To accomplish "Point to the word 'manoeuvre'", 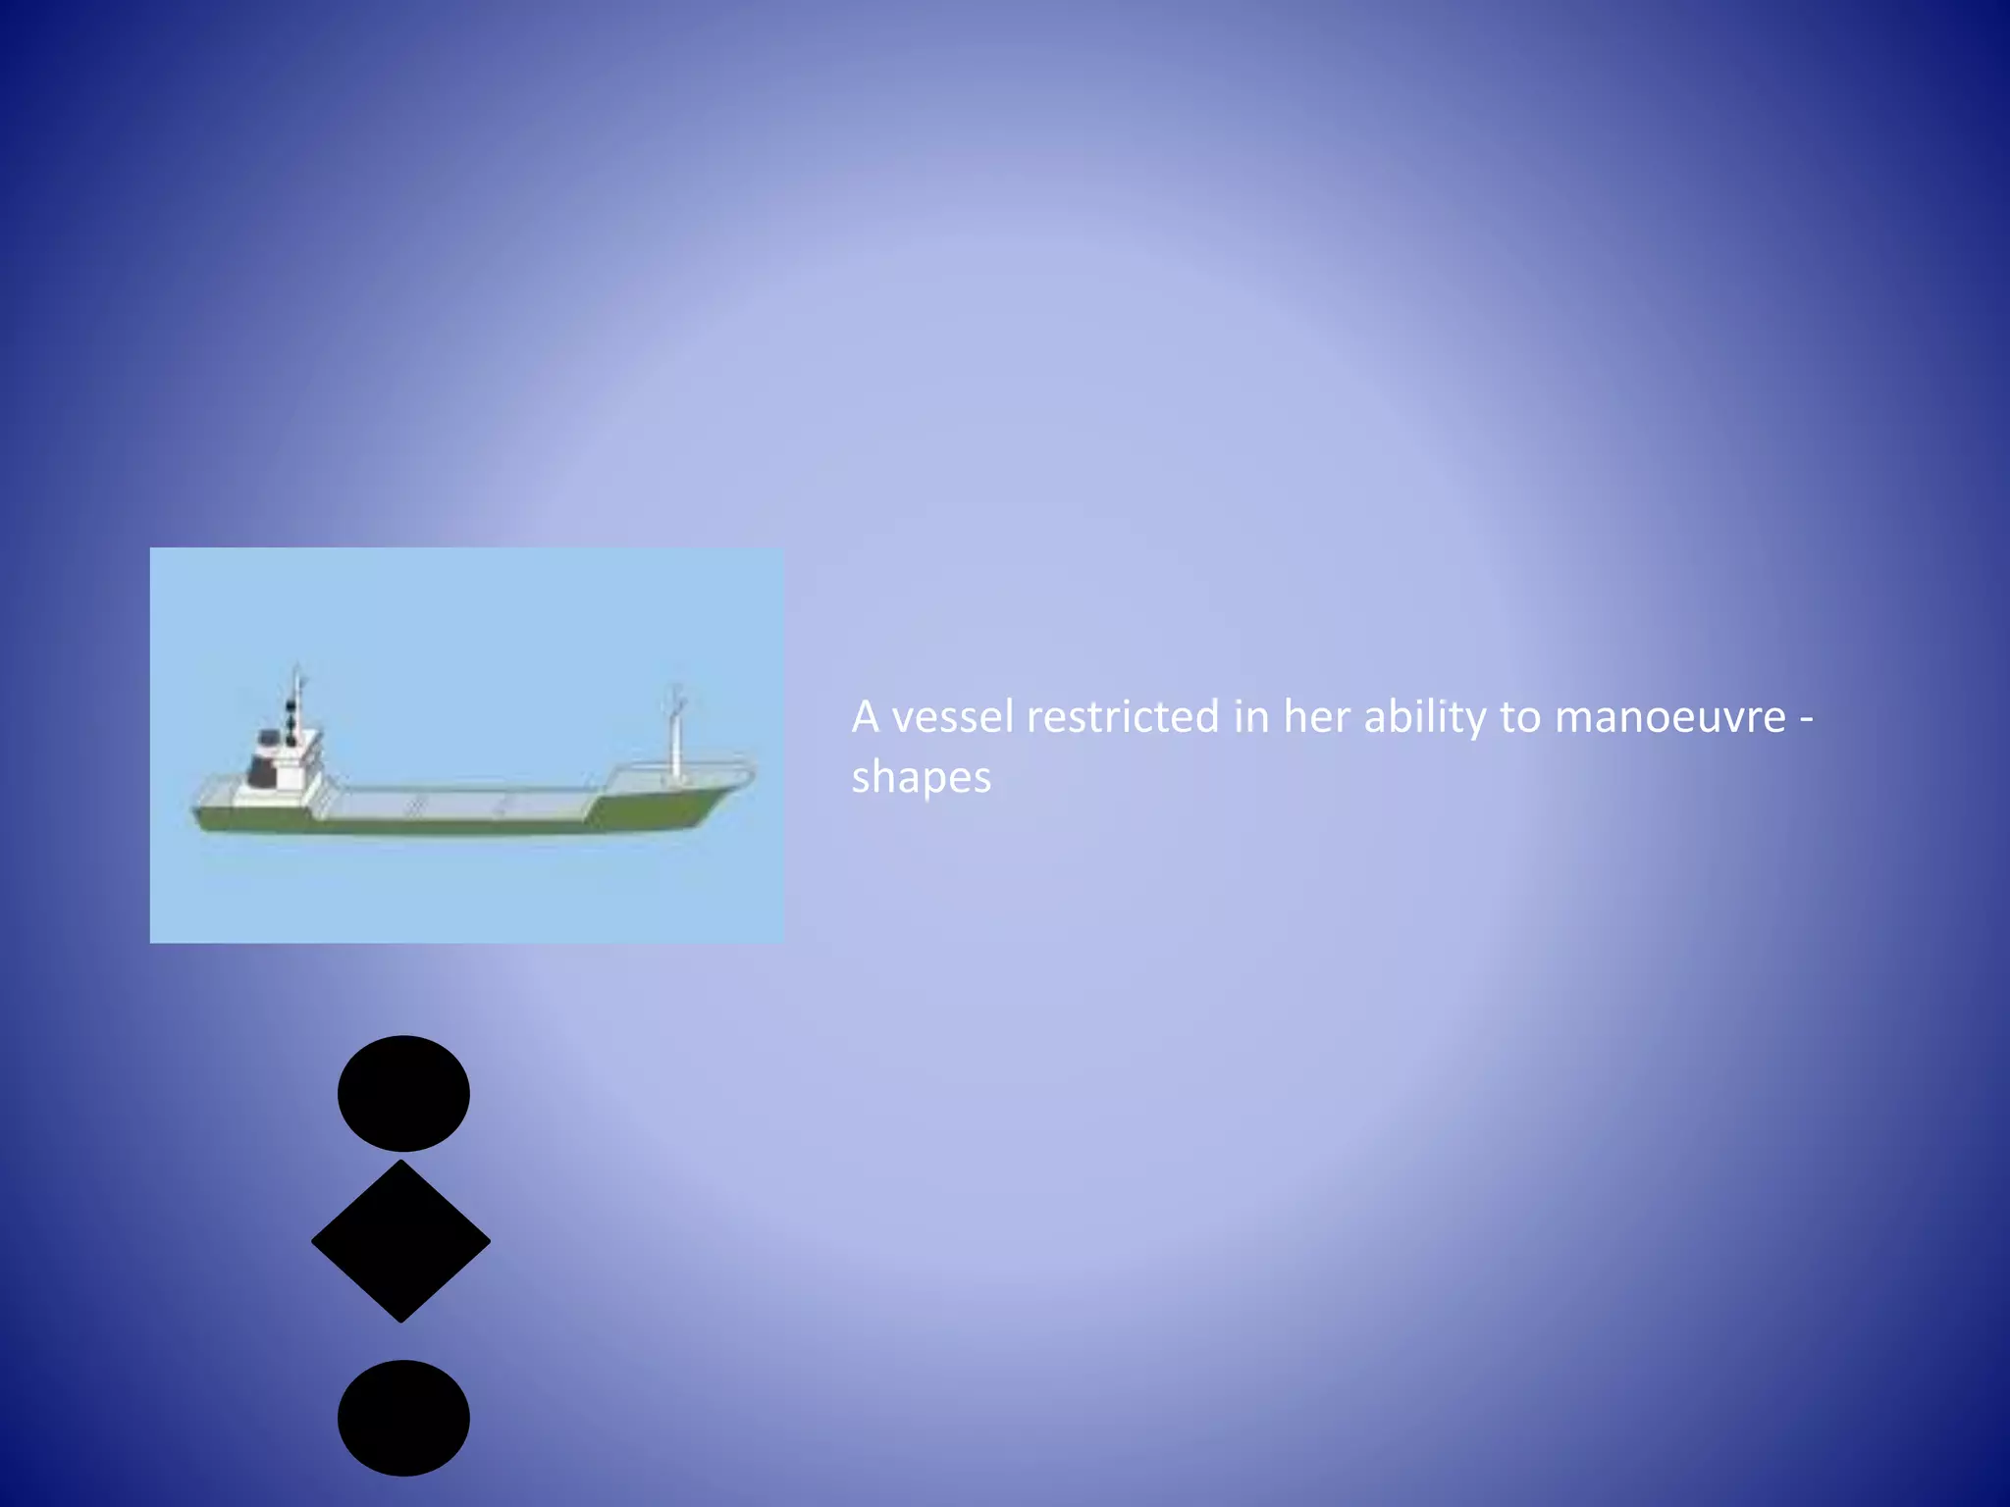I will pyautogui.click(x=1670, y=717).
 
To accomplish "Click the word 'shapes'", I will pyautogui.click(x=921, y=778).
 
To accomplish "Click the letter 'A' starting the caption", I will pyautogui.click(x=865, y=717).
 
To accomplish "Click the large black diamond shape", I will pyautogui.click(x=400, y=1242).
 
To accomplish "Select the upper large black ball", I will pyautogui.click(x=403, y=1093).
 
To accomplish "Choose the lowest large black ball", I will pyautogui.click(x=403, y=1418).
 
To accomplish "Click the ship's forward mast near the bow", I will pyautogui.click(x=675, y=736).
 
